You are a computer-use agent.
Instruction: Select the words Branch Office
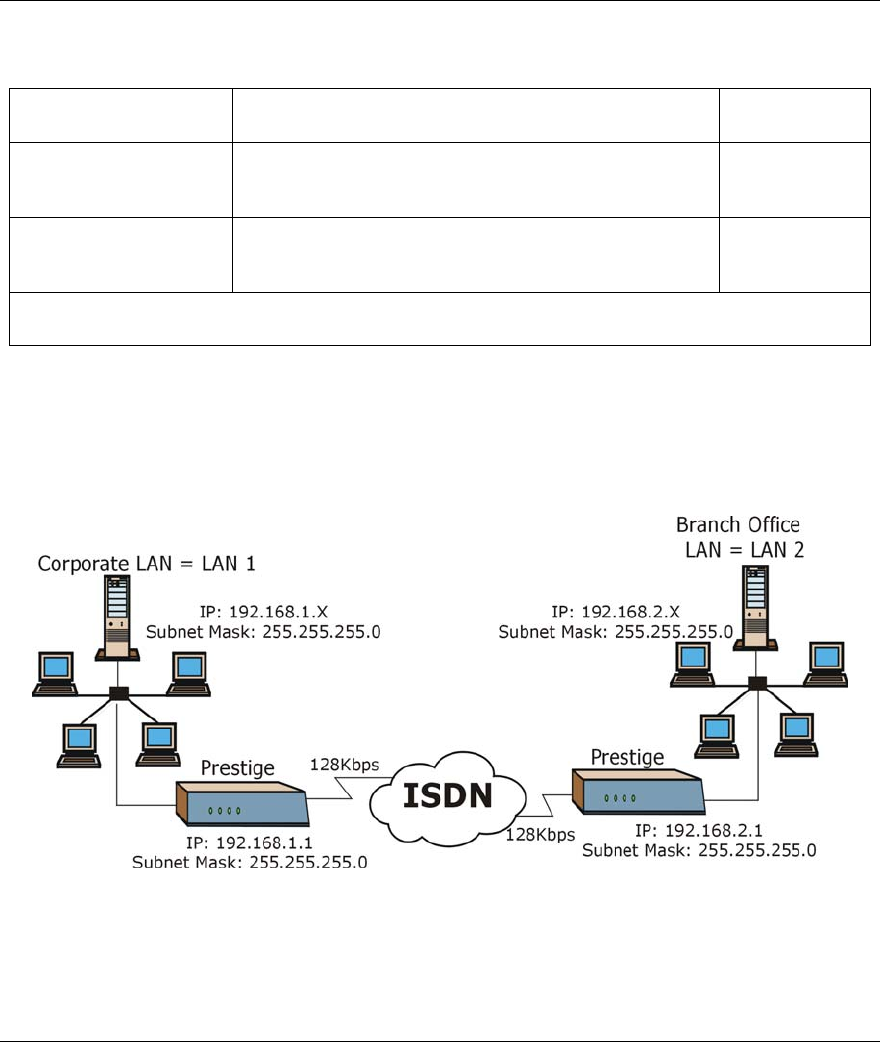point(738,524)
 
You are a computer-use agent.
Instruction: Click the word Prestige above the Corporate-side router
point(237,768)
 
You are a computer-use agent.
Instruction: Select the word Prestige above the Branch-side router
point(627,757)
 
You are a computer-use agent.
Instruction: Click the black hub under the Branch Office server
point(758,682)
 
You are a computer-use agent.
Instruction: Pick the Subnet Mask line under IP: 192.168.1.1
point(250,862)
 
